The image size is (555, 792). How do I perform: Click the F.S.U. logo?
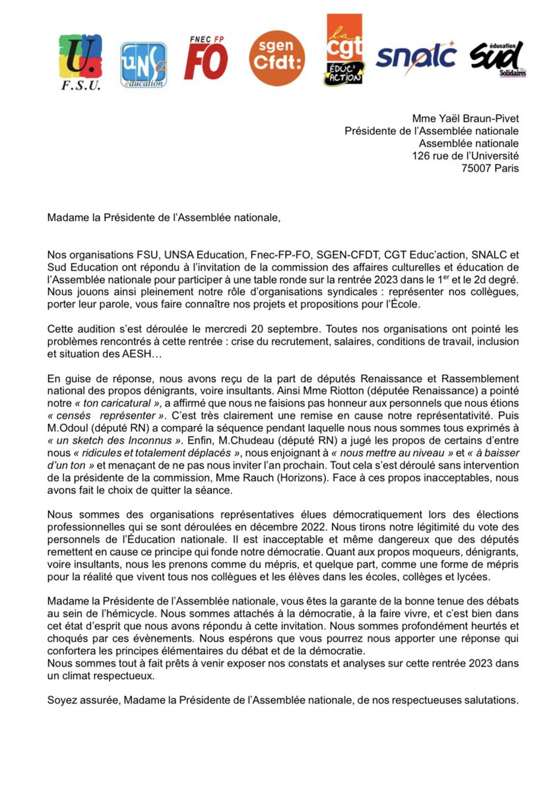[80, 63]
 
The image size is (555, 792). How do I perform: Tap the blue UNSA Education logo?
[143, 65]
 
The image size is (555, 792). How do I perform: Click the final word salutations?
[486, 698]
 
